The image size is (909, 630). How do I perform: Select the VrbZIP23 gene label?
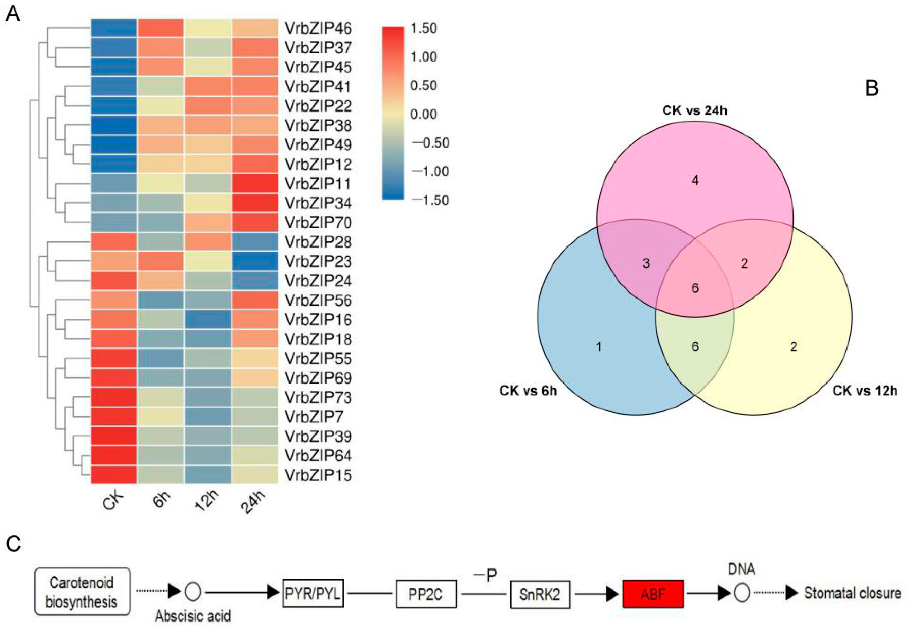point(318,262)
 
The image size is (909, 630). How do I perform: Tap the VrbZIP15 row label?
point(318,475)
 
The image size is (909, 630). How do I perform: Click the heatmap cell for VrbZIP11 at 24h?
point(255,184)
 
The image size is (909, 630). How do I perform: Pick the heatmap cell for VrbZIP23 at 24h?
point(255,262)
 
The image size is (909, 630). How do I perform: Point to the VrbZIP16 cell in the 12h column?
point(208,320)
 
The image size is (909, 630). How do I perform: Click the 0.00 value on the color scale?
point(424,115)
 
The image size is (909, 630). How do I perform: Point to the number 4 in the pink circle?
point(695,181)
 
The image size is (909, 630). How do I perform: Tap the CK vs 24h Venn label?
point(694,110)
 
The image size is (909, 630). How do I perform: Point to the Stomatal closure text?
point(853,593)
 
